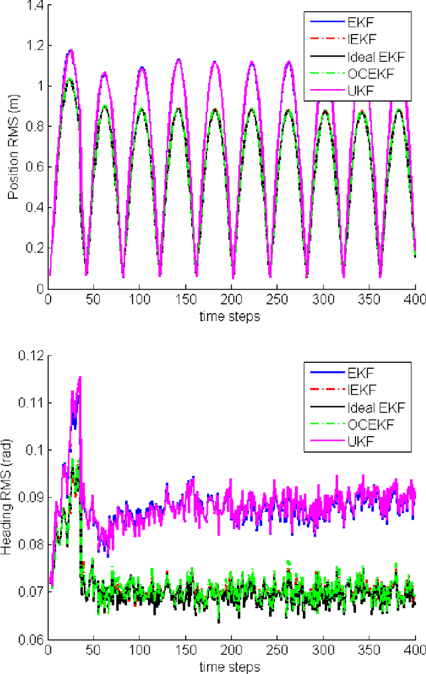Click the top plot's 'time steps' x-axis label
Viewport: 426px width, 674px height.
coord(229,317)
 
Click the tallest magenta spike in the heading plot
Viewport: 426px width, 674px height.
coord(80,378)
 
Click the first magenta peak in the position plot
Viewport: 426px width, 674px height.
coord(69,50)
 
